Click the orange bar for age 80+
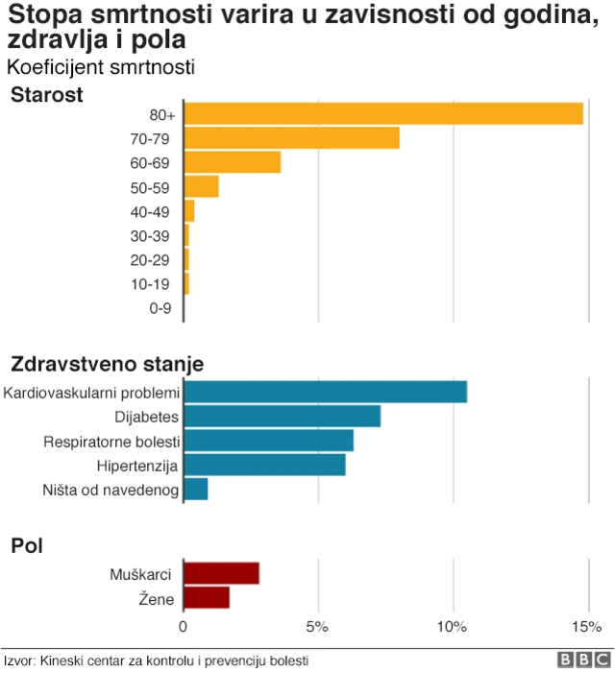tap(382, 113)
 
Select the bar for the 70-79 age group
tap(291, 138)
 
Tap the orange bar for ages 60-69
tap(232, 162)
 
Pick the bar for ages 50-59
tap(201, 186)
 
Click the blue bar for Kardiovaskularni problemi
tap(325, 392)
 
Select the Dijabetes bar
tap(282, 417)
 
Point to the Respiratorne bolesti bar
tap(268, 441)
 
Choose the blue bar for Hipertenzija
tap(264, 466)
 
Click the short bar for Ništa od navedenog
tap(195, 490)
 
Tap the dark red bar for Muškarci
tap(221, 574)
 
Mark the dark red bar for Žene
tap(207, 598)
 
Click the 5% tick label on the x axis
tap(317, 627)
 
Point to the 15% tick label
tap(586, 627)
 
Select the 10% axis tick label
tap(452, 627)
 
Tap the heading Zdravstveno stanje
tap(107, 365)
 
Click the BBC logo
tap(583, 661)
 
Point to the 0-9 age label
tap(160, 308)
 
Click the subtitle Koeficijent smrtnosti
tap(100, 67)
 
